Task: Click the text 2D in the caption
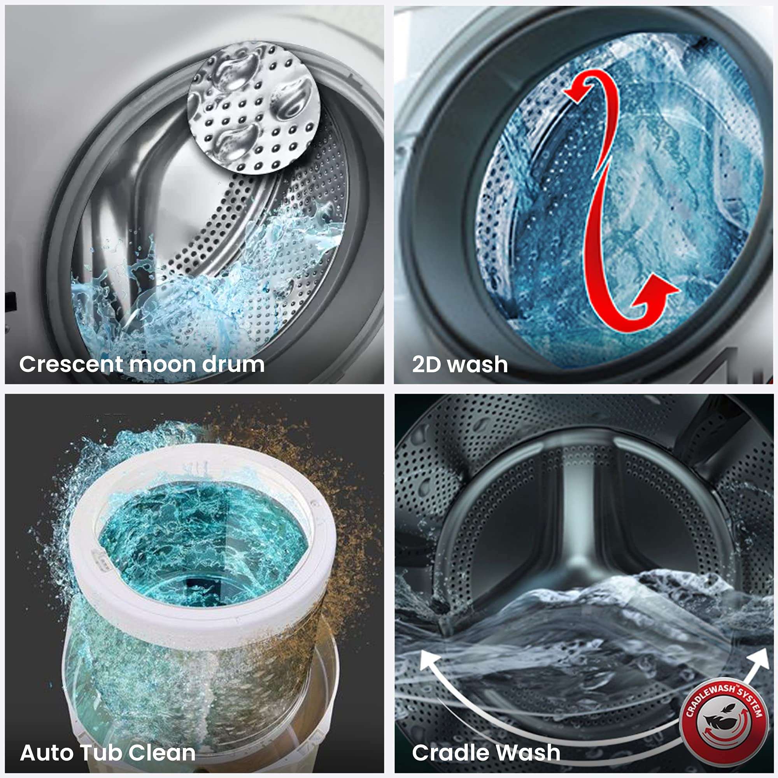[x=426, y=364]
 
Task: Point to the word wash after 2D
[x=478, y=364]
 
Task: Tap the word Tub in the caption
[x=101, y=752]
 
